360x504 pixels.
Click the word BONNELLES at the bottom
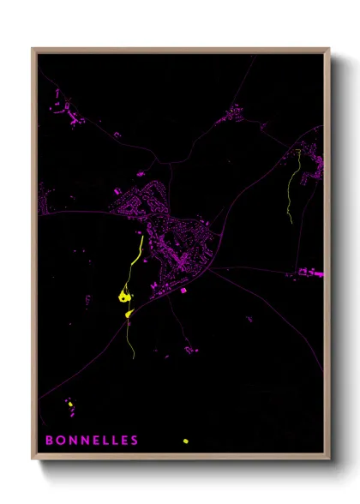click(92, 441)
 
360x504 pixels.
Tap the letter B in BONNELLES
click(49, 441)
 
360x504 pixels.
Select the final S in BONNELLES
click(135, 441)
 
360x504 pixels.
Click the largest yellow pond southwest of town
click(124, 297)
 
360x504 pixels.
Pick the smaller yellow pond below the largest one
click(129, 315)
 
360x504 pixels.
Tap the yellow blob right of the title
click(185, 441)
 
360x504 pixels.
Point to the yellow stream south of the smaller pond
click(131, 339)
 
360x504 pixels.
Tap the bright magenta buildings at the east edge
click(311, 274)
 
